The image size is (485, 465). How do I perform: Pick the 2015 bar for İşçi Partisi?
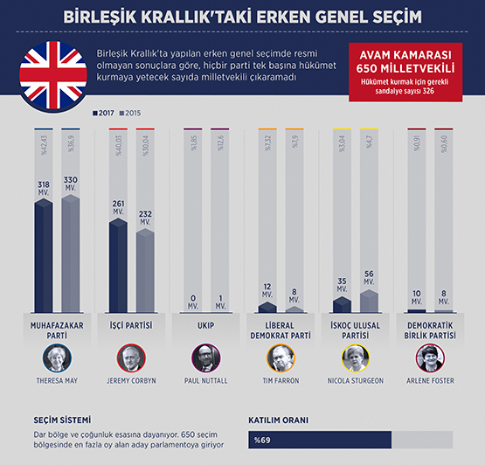145,271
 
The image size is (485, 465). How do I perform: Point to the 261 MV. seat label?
118,211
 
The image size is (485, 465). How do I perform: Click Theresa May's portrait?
56,358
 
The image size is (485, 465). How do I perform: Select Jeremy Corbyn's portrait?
130,358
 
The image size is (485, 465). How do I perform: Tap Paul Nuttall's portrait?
205,358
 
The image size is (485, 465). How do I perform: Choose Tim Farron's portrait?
281,358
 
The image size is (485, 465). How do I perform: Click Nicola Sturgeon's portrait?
355,358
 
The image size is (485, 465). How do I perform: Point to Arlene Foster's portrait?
429,358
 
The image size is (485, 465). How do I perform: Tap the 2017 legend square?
94,114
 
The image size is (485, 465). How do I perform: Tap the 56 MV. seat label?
370,278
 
